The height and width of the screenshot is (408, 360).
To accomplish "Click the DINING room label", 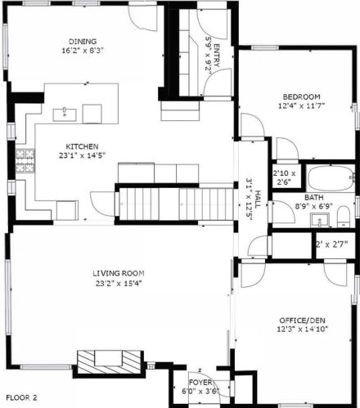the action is tap(83, 42).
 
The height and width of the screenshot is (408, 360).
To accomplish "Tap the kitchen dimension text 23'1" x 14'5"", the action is tap(82, 155).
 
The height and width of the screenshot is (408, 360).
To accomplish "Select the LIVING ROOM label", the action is tap(119, 273).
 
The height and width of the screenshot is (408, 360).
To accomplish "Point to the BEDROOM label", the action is tap(301, 96).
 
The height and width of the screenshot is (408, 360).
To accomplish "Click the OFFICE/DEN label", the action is tap(302, 321).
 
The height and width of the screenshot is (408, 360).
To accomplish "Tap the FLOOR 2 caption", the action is tap(21, 397).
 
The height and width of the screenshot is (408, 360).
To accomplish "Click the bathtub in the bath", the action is tap(331, 178).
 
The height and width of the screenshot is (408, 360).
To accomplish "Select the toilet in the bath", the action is tap(344, 217).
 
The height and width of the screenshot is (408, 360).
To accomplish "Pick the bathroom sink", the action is tap(320, 220).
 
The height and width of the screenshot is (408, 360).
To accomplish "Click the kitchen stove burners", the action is tap(25, 161).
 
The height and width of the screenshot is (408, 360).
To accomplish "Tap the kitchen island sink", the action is tap(65, 114).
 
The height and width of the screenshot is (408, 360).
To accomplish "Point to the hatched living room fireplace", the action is tap(109, 362).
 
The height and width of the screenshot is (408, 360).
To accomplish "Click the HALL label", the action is tap(258, 200).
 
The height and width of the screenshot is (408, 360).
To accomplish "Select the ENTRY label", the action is tap(217, 55).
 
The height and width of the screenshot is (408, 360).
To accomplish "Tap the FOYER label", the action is tap(200, 383).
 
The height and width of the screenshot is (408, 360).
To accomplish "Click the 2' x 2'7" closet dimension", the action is tap(332, 244).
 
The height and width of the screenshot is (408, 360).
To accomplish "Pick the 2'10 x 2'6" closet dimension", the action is tap(284, 177).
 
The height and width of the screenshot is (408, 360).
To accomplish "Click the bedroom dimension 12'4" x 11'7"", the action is tap(301, 105).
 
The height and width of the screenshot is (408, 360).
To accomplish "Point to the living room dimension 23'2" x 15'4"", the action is tap(119, 284).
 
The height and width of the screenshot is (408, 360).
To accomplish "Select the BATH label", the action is tap(314, 197).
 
